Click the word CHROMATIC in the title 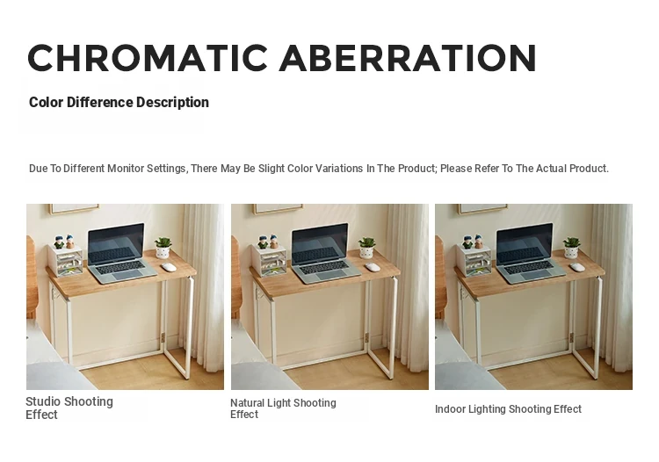pos(148,58)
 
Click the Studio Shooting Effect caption pos(69,408)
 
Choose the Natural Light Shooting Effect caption pos(283,408)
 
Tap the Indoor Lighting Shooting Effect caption pos(508,409)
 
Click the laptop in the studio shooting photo pos(120,253)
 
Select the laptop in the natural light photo pos(325,253)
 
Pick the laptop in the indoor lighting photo pos(530,253)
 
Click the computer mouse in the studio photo pos(169,267)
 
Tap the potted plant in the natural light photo pos(366,248)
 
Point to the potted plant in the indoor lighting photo pos(571,248)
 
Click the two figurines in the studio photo pos(64,242)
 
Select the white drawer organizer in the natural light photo pos(269,260)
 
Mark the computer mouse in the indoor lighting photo pos(577,267)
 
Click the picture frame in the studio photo pos(74,209)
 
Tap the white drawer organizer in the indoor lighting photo pos(474,260)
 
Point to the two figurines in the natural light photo pos(269,242)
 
